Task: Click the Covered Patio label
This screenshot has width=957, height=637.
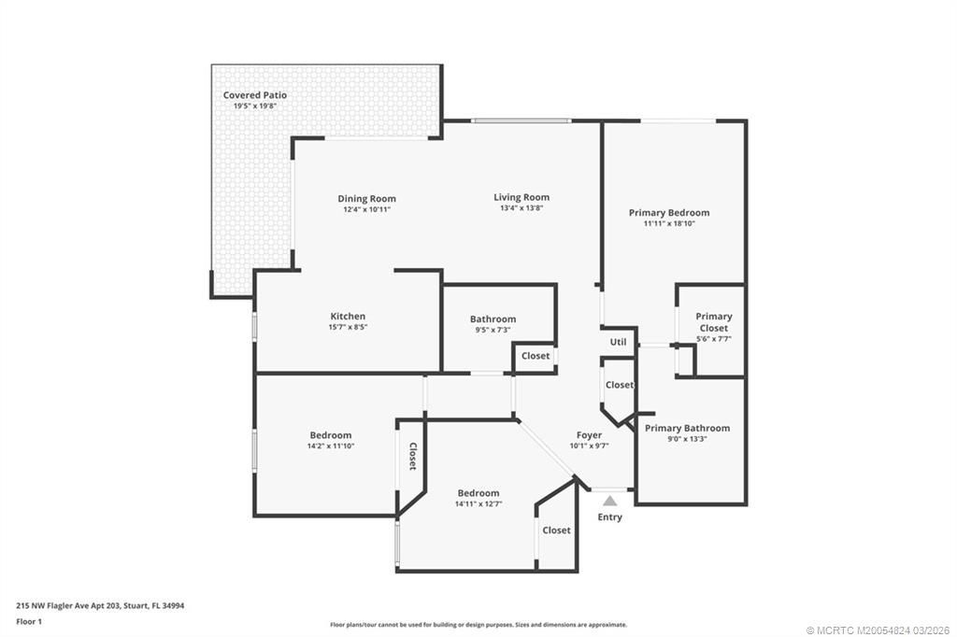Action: point(254,95)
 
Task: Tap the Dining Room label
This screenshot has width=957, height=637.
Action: point(366,198)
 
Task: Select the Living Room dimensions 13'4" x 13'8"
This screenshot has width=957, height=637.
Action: point(521,208)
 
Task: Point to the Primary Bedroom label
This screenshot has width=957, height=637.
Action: point(668,213)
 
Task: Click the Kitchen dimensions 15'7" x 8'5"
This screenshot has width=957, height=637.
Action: point(348,327)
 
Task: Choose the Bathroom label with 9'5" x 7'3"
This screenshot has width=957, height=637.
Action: point(493,319)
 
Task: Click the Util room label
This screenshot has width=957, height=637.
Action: point(618,343)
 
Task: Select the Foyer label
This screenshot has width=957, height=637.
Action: point(589,435)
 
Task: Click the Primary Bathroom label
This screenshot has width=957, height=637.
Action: point(687,428)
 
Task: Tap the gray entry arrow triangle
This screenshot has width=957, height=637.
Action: point(609,502)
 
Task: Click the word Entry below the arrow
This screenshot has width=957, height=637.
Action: point(609,517)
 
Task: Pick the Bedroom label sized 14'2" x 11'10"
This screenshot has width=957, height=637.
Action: point(331,435)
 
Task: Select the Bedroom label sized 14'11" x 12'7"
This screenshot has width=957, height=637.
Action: point(478,493)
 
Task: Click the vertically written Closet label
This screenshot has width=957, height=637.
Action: point(412,456)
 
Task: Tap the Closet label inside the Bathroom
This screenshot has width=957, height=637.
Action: point(536,356)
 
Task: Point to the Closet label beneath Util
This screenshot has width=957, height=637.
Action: point(619,385)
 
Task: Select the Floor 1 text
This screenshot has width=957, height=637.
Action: point(30,621)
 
